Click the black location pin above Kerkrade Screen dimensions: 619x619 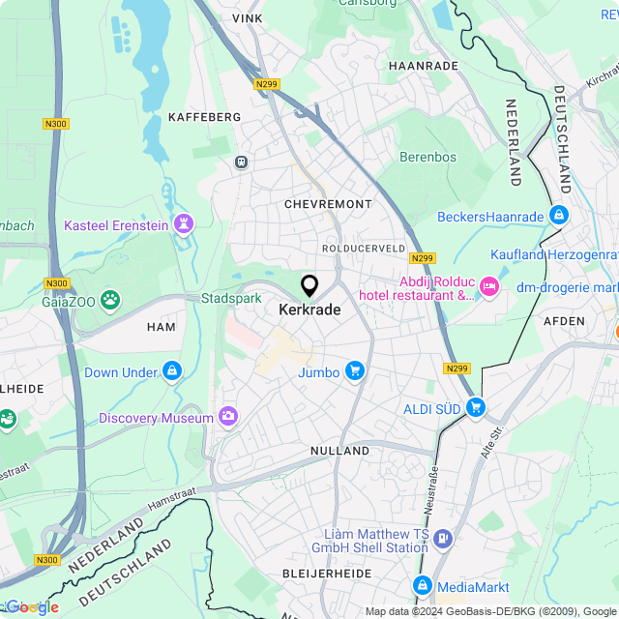coord(309,286)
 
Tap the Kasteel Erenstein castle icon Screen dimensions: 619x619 coord(183,225)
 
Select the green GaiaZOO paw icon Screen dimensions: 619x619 coord(112,300)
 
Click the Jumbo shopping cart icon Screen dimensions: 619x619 coord(355,371)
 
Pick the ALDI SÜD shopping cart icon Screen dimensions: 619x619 coord(475,408)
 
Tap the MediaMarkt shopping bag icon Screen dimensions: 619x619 coord(423,585)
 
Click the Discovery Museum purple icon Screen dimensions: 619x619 coord(228,417)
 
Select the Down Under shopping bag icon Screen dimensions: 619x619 coord(172,371)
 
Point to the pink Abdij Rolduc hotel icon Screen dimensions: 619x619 coord(489,284)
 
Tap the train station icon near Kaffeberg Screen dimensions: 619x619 coord(241,162)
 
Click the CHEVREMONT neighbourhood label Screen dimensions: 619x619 coord(328,204)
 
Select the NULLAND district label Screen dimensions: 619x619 coord(339,451)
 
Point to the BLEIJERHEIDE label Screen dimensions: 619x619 coord(326,574)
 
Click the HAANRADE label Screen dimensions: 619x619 coord(423,65)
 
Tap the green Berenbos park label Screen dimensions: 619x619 coord(427,157)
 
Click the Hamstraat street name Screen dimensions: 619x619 coord(171,498)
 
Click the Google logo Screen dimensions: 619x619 coord(31,607)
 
